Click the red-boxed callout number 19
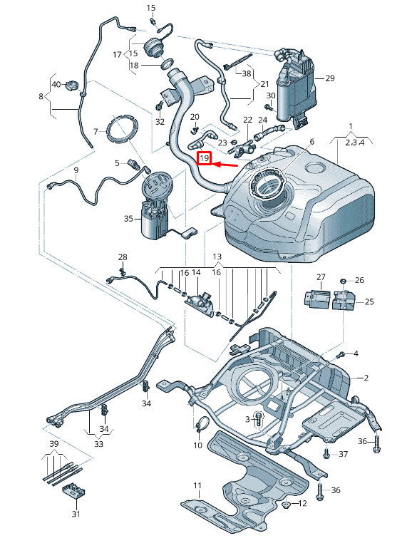click(205, 158)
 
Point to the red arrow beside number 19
click(225, 165)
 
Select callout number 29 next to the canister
click(330, 78)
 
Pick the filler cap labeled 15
click(153, 48)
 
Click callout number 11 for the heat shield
click(197, 485)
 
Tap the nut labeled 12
click(286, 504)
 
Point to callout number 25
click(369, 301)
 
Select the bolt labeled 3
click(259, 420)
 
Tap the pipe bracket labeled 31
click(74, 491)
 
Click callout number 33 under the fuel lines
click(98, 444)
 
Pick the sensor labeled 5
click(133, 165)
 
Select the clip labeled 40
click(71, 86)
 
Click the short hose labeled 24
click(269, 132)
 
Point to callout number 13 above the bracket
click(217, 257)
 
